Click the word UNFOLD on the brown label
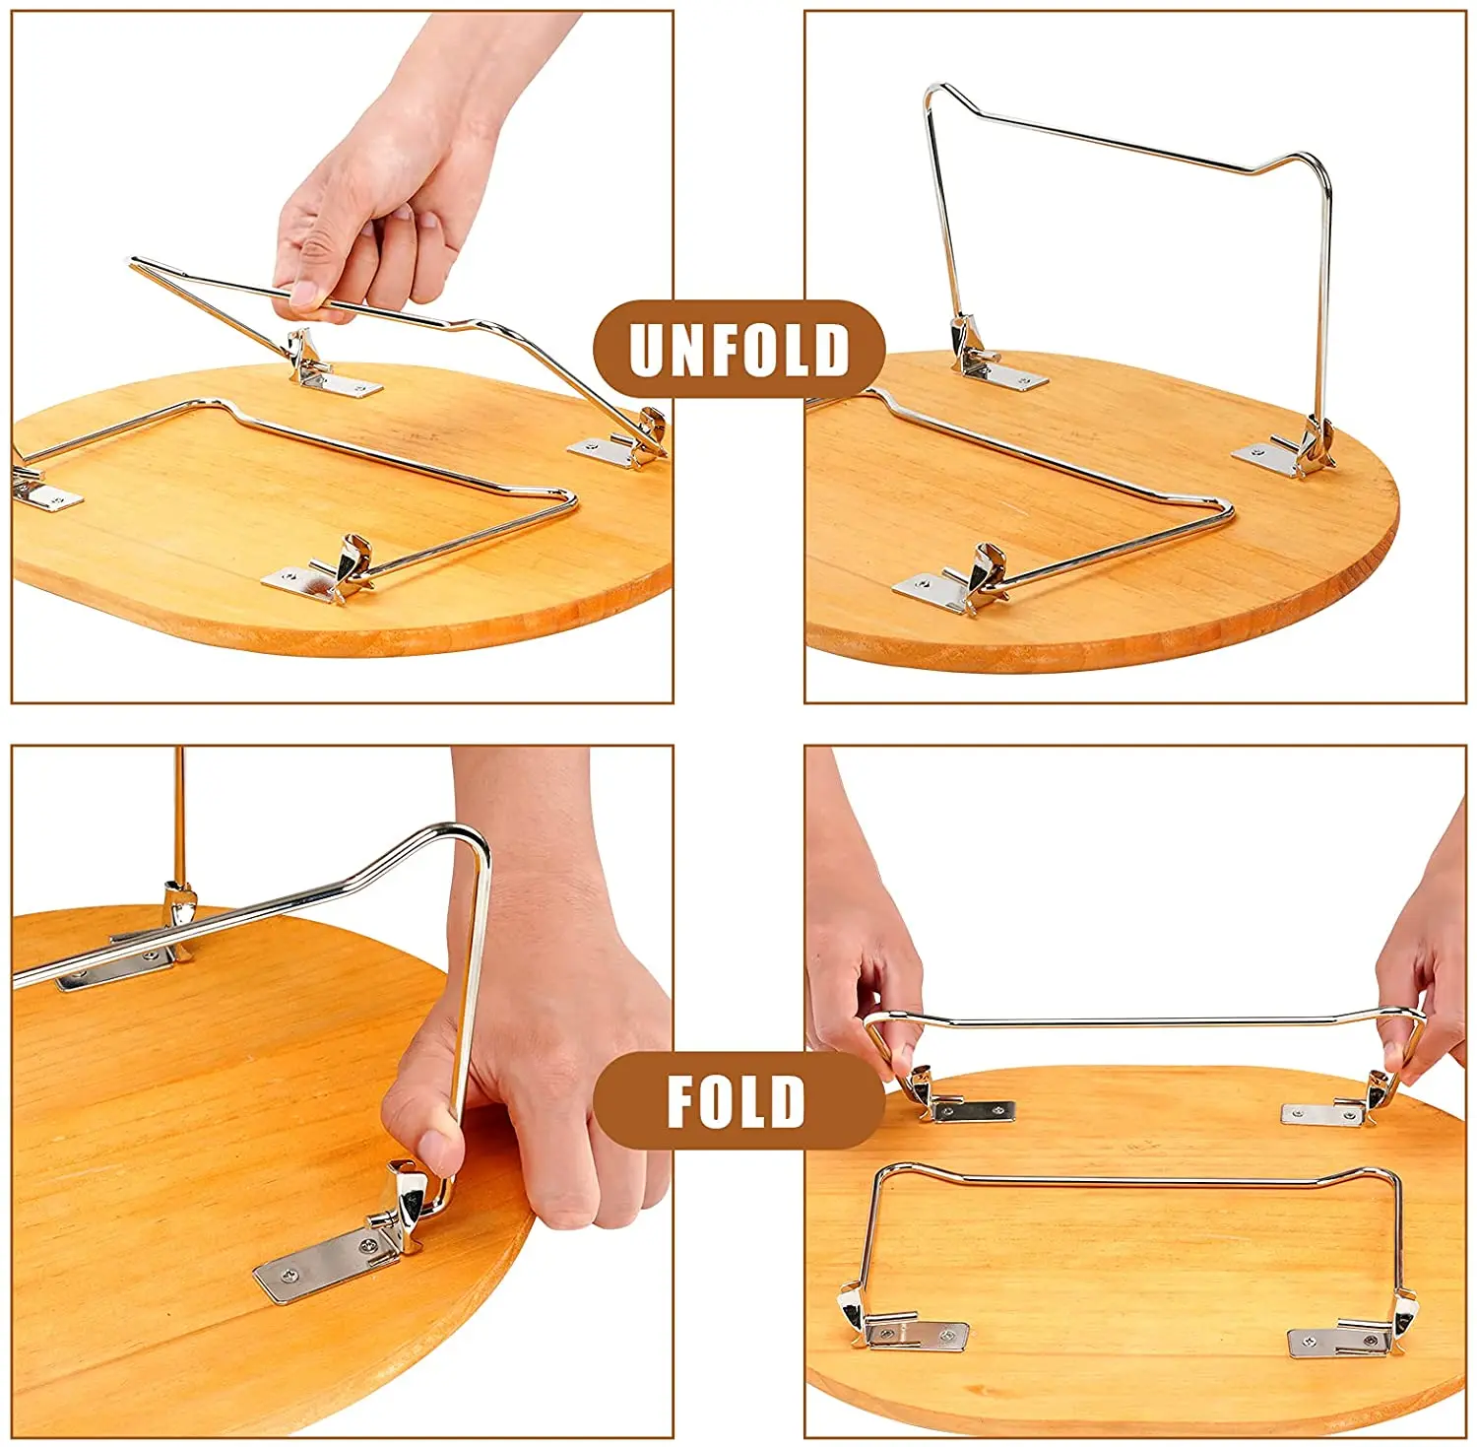click(738, 349)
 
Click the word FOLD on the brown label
click(737, 1100)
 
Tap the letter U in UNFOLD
click(649, 349)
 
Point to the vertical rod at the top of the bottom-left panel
click(179, 818)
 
